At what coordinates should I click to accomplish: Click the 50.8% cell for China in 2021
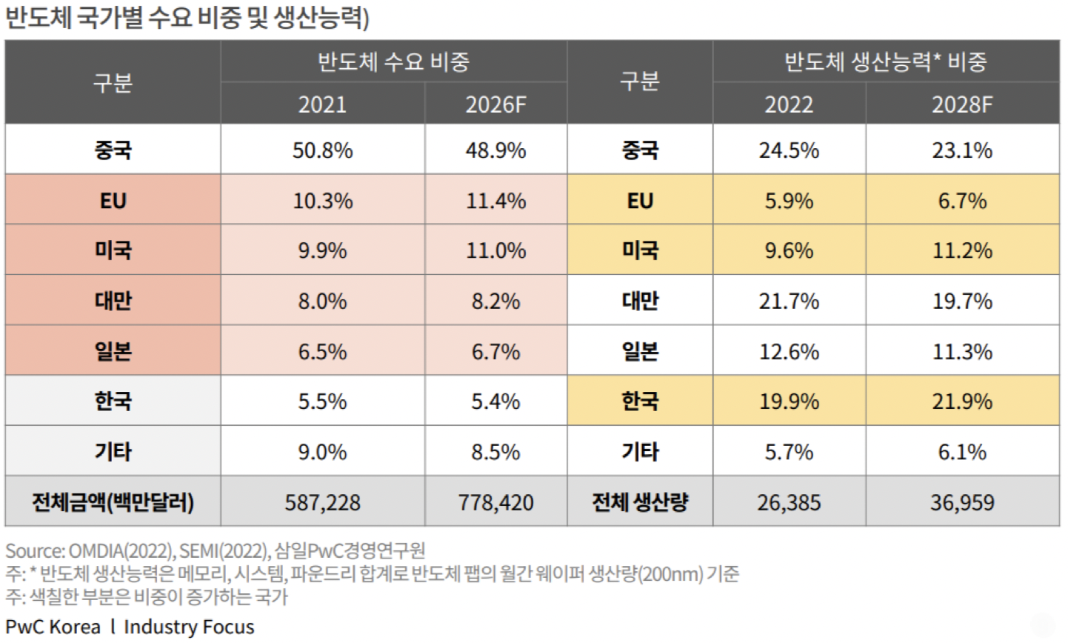(322, 150)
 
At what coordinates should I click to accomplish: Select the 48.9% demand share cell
(495, 150)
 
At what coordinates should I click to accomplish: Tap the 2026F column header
(495, 104)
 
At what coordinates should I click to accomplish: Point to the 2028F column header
(961, 104)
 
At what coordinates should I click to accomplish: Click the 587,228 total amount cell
(322, 502)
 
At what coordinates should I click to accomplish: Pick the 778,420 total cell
(495, 502)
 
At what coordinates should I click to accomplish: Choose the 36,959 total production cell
(961, 502)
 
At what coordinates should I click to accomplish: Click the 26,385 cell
(789, 502)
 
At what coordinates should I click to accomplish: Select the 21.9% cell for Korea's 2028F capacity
(961, 402)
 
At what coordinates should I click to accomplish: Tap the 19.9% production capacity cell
(789, 402)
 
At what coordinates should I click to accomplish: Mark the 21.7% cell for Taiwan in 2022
(789, 301)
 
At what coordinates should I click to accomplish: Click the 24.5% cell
(789, 150)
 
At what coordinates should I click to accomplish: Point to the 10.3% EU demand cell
(322, 201)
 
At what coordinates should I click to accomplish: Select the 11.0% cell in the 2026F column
(495, 250)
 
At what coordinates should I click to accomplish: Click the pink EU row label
(113, 201)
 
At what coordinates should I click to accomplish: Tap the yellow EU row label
(640, 201)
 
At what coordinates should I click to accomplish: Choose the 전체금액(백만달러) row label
(113, 502)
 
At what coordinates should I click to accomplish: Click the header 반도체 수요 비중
(393, 61)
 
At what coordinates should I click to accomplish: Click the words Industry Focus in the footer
(189, 627)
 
